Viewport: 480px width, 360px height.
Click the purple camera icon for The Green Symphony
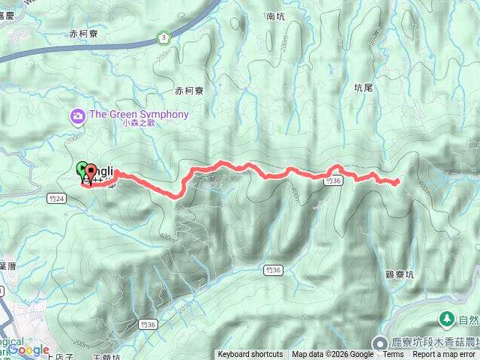(77, 115)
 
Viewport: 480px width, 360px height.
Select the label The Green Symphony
(139, 114)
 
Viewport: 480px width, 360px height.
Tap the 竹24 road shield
(61, 198)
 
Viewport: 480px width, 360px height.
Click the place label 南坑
(275, 16)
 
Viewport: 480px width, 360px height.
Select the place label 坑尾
(363, 88)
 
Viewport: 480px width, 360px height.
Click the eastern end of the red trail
(396, 181)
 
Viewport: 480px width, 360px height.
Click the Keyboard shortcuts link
(250, 355)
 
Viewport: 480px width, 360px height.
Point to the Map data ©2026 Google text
(332, 355)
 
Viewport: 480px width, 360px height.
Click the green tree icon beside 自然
(447, 319)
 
